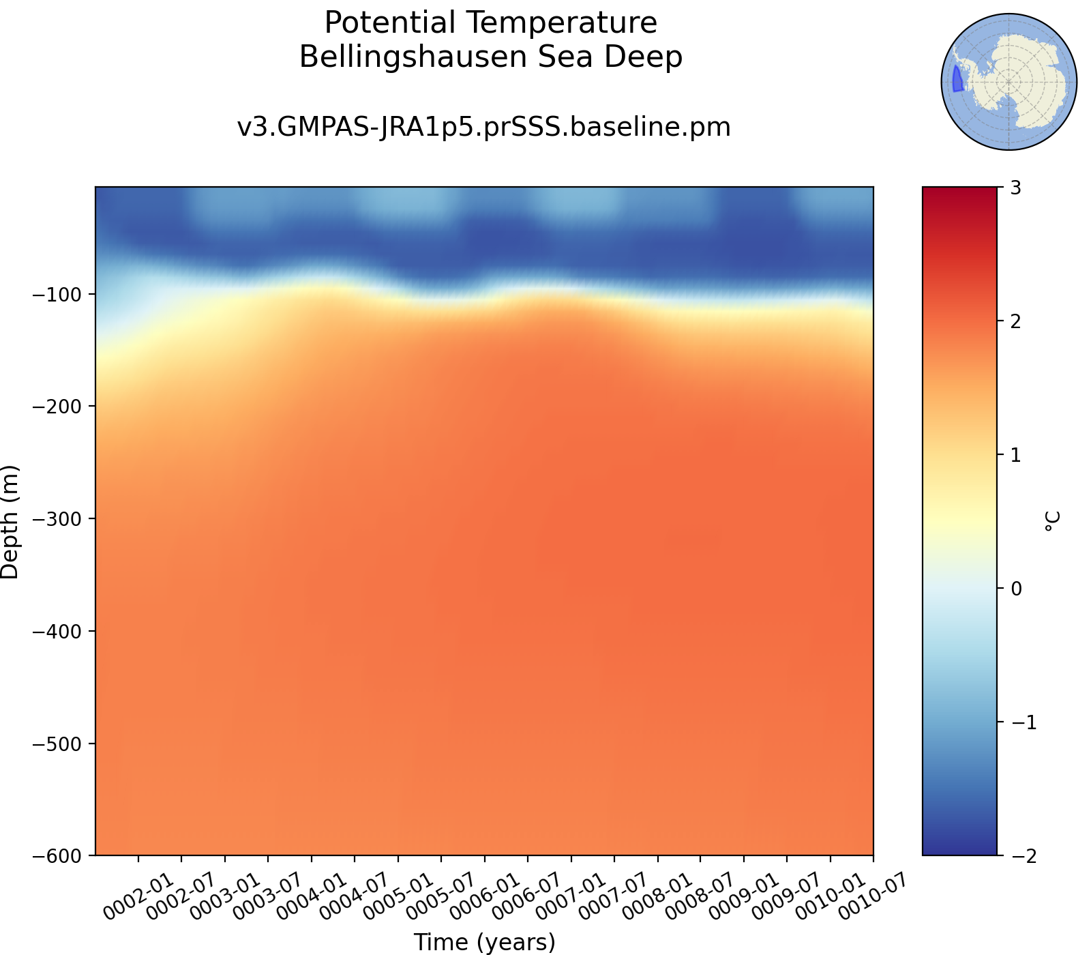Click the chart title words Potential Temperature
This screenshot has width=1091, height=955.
click(x=490, y=23)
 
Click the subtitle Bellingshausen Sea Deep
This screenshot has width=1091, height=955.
click(x=490, y=57)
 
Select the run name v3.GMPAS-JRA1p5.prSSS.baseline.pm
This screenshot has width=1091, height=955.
click(x=483, y=128)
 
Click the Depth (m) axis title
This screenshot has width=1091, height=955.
click(x=10, y=522)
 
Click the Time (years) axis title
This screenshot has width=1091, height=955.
click(x=485, y=942)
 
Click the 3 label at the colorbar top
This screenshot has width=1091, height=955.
click(x=1016, y=188)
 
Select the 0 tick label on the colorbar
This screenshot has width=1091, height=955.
click(x=1016, y=588)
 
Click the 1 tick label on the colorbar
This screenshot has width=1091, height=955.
click(x=1016, y=455)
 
